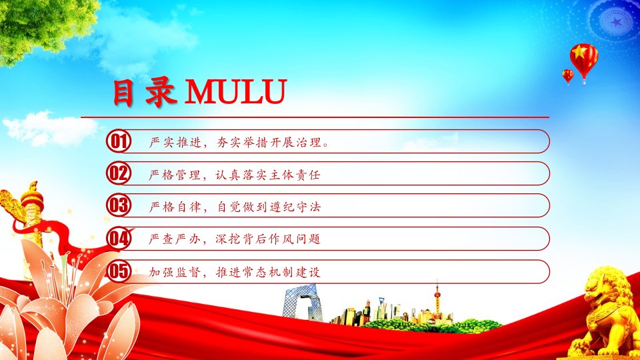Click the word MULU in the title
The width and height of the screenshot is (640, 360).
point(236,91)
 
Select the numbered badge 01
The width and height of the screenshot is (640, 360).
point(119,141)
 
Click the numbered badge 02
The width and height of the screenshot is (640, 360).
point(119,173)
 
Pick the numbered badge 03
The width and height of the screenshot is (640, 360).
point(119,205)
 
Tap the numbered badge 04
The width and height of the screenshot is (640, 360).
point(119,239)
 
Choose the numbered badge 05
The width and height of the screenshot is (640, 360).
point(119,271)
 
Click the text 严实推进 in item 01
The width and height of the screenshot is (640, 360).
point(175,142)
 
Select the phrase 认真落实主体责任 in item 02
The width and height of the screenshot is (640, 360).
point(268,175)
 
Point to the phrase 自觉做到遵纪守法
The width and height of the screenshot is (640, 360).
point(268,207)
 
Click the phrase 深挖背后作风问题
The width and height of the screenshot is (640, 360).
point(268,239)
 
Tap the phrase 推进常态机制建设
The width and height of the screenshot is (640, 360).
point(268,272)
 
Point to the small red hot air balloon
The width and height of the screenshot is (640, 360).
point(568,76)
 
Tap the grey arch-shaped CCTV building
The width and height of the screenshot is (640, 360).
point(302,302)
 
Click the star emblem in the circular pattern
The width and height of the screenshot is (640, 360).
point(616,22)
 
